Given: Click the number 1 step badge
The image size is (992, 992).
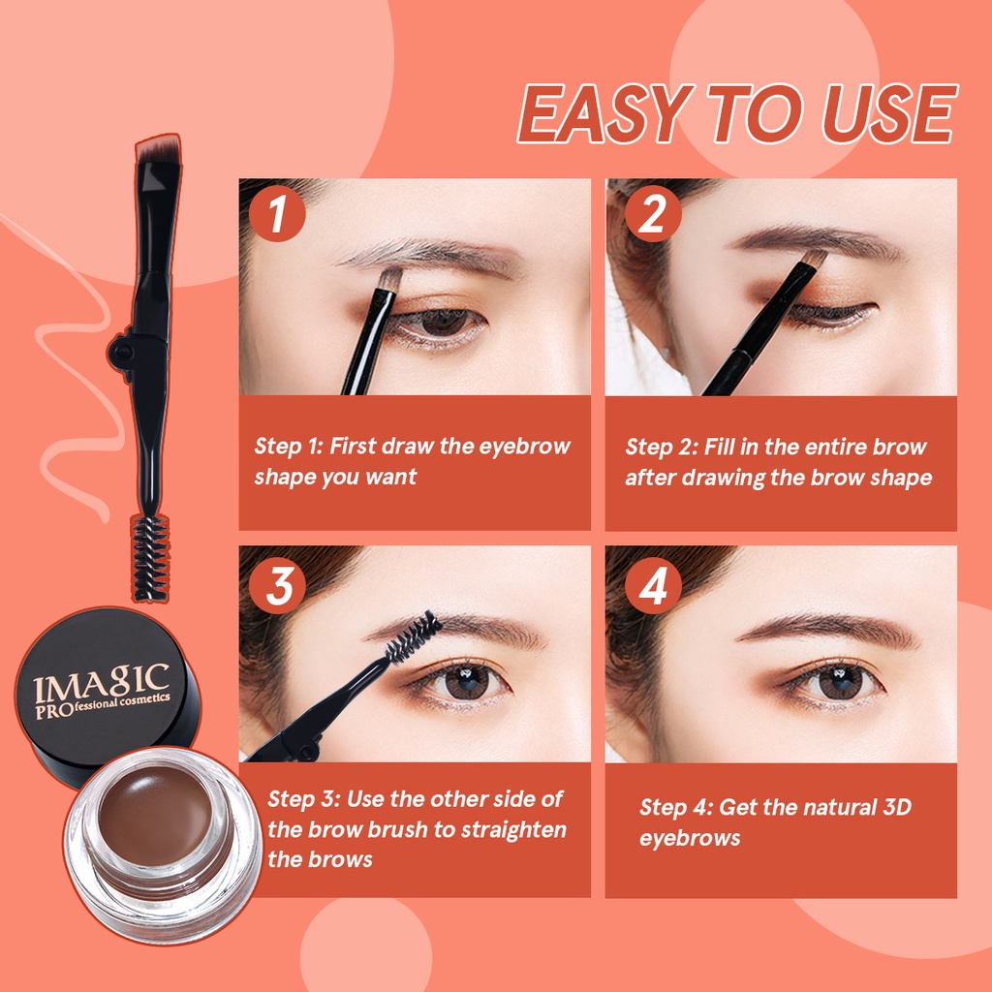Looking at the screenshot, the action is click(x=277, y=213).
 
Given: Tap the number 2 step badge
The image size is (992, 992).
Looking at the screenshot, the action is click(x=653, y=213).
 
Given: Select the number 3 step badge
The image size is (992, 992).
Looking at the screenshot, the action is click(x=277, y=585).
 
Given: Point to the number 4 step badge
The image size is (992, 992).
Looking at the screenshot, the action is click(x=653, y=585).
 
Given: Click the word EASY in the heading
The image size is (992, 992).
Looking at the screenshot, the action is click(x=604, y=114).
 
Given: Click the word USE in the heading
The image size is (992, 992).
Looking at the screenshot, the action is click(x=889, y=114).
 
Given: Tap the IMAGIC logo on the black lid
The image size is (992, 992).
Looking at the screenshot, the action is click(x=101, y=691).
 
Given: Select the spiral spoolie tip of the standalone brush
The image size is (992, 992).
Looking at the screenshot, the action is click(x=150, y=557).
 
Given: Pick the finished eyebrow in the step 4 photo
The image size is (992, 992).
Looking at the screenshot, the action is click(x=829, y=628).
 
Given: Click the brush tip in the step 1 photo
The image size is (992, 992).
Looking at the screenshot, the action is click(x=389, y=278).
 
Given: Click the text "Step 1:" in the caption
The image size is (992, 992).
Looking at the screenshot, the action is click(x=289, y=446).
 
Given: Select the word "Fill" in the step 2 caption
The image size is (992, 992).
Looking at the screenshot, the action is click(x=720, y=446).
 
